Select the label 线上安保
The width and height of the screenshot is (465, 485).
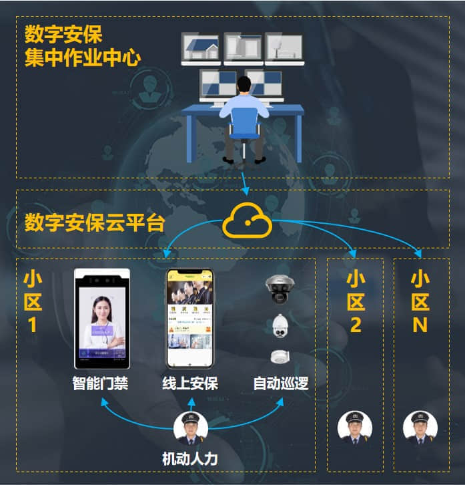190,384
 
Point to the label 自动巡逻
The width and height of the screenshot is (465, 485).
280,384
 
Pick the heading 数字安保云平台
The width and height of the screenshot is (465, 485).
94,222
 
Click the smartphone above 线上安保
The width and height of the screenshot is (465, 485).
189,319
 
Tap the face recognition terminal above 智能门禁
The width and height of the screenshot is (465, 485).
101,319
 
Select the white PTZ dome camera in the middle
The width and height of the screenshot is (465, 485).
280,326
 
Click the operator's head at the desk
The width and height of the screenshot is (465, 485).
245,85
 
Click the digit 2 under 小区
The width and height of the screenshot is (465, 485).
356,325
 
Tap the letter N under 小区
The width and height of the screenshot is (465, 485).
420,325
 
